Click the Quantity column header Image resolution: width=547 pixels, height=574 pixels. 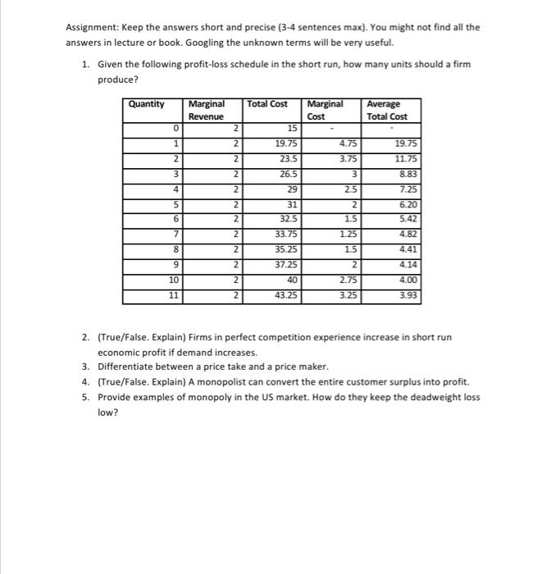point(147,104)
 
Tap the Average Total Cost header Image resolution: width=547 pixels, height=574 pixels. point(386,110)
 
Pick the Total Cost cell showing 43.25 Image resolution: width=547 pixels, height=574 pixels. point(286,294)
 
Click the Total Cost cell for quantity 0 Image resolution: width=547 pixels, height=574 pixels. point(292,128)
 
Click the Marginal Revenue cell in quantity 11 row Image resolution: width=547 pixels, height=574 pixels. point(235,294)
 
